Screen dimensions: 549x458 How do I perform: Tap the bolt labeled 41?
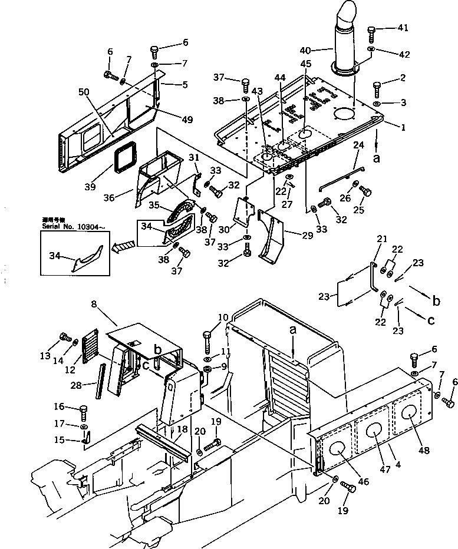[372, 32]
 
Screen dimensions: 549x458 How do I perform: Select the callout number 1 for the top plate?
[387, 127]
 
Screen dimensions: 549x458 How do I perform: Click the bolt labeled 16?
[83, 411]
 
